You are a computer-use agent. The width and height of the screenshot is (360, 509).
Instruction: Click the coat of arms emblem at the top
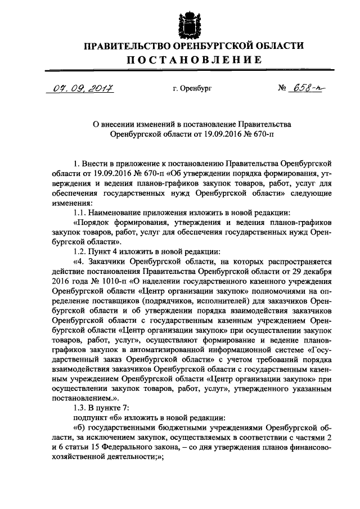(x=179, y=20)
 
